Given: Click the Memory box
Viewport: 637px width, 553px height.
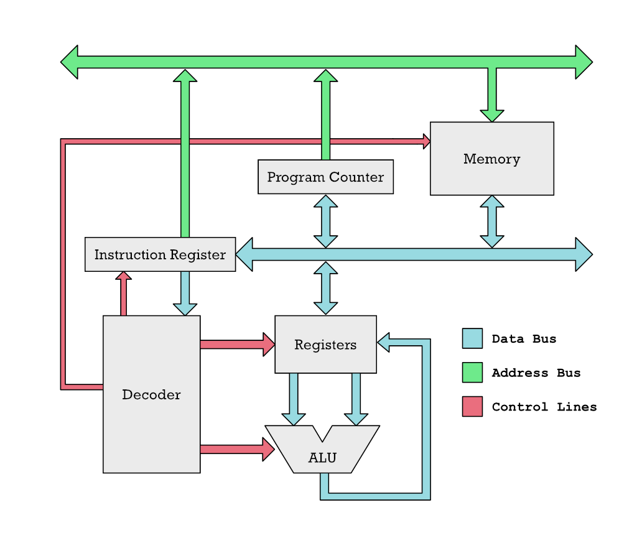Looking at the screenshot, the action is (492, 159).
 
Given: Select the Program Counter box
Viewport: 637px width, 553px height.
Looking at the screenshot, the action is (325, 177).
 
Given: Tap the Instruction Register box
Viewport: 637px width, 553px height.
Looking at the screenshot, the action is (160, 254).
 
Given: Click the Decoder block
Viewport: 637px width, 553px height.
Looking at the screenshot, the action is (152, 394).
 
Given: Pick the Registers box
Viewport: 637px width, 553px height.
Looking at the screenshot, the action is (325, 344).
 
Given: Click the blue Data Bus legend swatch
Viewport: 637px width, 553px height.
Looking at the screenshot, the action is (473, 338).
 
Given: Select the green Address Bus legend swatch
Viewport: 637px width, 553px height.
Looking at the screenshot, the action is (473, 373).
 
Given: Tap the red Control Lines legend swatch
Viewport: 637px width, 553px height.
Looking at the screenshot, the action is (473, 407).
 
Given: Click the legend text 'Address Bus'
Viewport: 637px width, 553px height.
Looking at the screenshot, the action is (536, 373).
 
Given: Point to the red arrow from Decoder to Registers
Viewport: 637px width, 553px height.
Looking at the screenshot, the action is (238, 345).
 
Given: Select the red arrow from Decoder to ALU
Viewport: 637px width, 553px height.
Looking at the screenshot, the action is (238, 449).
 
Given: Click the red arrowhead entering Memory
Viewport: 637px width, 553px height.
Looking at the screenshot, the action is (427, 141).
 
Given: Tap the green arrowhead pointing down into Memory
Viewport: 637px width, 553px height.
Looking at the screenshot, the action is (492, 116).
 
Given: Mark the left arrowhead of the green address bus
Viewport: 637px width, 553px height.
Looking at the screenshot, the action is (69, 62).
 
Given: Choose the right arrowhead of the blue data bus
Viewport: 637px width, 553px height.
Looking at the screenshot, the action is (584, 254).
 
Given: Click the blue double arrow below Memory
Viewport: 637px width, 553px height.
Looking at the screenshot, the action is (492, 221).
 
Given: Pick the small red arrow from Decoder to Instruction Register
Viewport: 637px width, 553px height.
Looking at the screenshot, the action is (124, 294).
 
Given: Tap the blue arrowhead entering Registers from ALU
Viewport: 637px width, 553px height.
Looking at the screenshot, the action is (383, 342).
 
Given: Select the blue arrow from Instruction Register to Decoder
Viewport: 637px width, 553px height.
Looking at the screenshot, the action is (185, 294).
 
